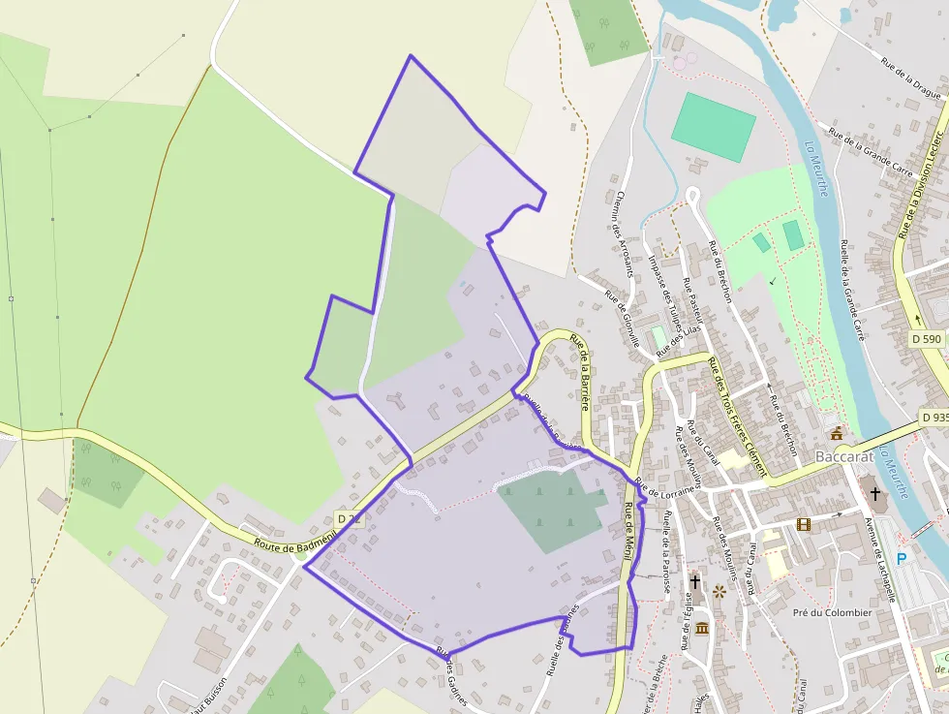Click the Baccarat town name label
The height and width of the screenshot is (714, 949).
pyautogui.click(x=844, y=455)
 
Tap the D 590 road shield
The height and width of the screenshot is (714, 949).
pyautogui.click(x=927, y=339)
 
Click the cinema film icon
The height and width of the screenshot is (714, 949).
pyautogui.click(x=803, y=524)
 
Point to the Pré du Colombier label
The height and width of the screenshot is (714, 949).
pyautogui.click(x=832, y=612)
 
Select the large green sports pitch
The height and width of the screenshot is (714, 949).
pyautogui.click(x=714, y=127)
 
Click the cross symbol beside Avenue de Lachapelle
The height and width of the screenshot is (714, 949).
pyautogui.click(x=875, y=493)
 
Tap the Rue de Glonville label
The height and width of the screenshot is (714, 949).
pyautogui.click(x=622, y=319)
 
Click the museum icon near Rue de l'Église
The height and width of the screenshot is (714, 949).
pyautogui.click(x=701, y=629)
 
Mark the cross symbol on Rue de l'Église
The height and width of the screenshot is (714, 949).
pyautogui.click(x=695, y=581)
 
